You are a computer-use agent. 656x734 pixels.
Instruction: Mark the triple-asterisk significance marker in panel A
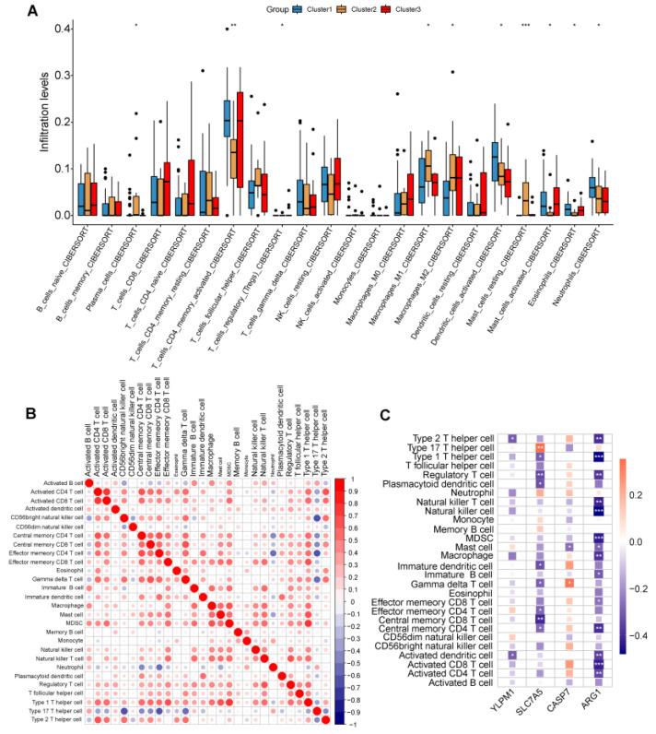(525, 25)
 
